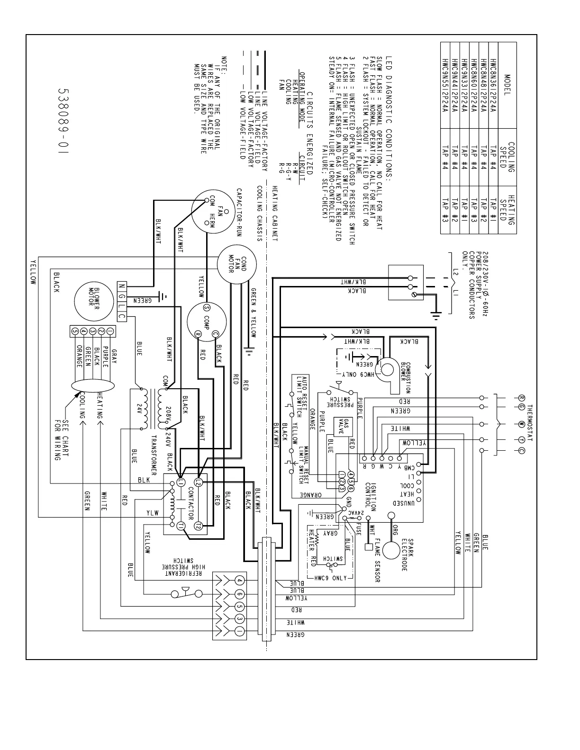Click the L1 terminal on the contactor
(x=181, y=482)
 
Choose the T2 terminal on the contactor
(x=199, y=526)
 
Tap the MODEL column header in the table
(x=507, y=85)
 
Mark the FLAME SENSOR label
(x=378, y=559)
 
